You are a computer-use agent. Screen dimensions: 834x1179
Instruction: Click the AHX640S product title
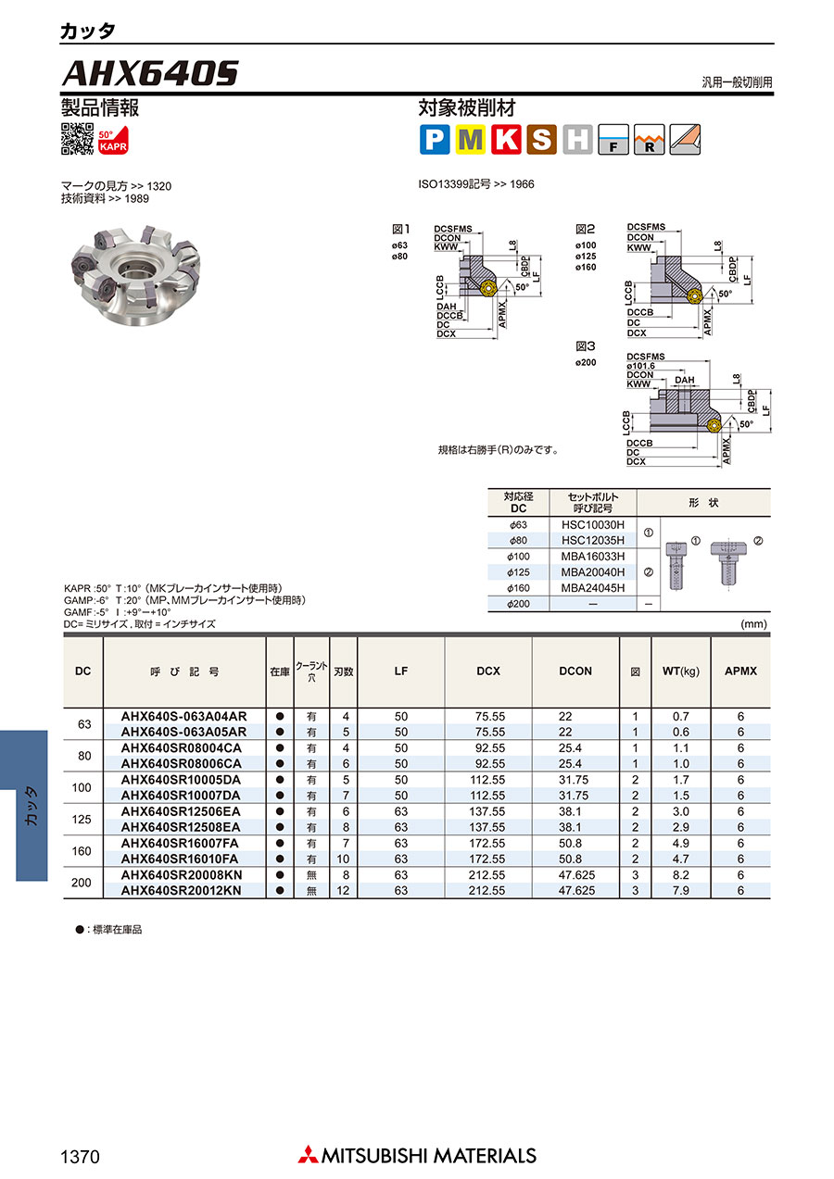pyautogui.click(x=150, y=73)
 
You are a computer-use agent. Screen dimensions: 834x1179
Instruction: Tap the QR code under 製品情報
pyautogui.click(x=78, y=139)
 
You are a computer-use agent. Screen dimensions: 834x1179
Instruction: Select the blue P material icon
pyautogui.click(x=435, y=140)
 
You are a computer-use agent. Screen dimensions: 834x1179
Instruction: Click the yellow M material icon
pyautogui.click(x=470, y=140)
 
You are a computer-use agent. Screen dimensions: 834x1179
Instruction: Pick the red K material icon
pyautogui.click(x=506, y=140)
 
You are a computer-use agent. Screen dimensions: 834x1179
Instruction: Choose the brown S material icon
pyautogui.click(x=542, y=140)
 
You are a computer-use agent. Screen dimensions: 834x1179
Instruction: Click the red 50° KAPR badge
pyautogui.click(x=113, y=140)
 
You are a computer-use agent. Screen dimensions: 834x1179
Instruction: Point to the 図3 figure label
pyautogui.click(x=585, y=346)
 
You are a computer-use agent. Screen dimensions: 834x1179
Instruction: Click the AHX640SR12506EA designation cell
pyautogui.click(x=181, y=811)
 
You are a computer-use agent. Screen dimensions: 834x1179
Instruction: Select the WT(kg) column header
pyautogui.click(x=681, y=671)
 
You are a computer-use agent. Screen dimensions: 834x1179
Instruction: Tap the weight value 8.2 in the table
pyautogui.click(x=681, y=875)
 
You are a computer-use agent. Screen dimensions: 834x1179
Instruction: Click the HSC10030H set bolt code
pyautogui.click(x=593, y=525)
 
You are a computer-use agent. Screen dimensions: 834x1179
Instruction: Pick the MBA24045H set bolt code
pyautogui.click(x=593, y=588)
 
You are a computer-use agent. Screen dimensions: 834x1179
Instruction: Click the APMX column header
pyautogui.click(x=740, y=671)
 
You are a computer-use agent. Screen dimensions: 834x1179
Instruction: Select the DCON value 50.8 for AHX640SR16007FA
pyautogui.click(x=570, y=843)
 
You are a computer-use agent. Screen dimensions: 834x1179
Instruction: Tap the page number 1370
pyautogui.click(x=80, y=1157)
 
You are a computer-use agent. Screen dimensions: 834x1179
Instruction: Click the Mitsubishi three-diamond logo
pyautogui.click(x=308, y=1154)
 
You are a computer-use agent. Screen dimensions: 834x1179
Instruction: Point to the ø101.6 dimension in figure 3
pyautogui.click(x=640, y=366)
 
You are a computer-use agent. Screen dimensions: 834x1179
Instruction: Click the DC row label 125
pyautogui.click(x=82, y=819)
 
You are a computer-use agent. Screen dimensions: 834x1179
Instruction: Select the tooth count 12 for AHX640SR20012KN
pyautogui.click(x=343, y=891)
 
